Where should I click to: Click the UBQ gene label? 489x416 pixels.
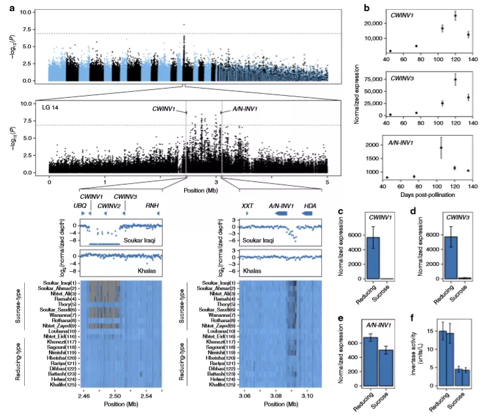[80, 205]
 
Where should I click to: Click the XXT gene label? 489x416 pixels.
[247, 205]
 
